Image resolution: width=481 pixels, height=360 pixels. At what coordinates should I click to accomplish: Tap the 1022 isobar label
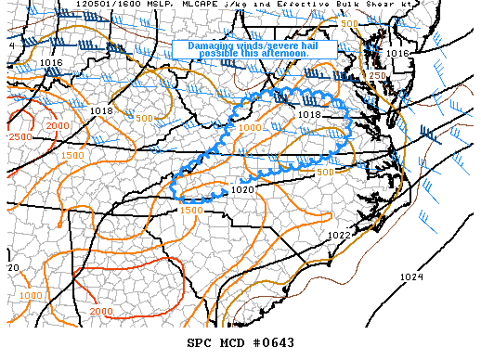pos(339,236)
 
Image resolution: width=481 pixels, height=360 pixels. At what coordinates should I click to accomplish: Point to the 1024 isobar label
pos(410,277)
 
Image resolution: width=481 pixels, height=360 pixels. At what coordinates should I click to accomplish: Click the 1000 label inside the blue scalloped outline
pos(249,127)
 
